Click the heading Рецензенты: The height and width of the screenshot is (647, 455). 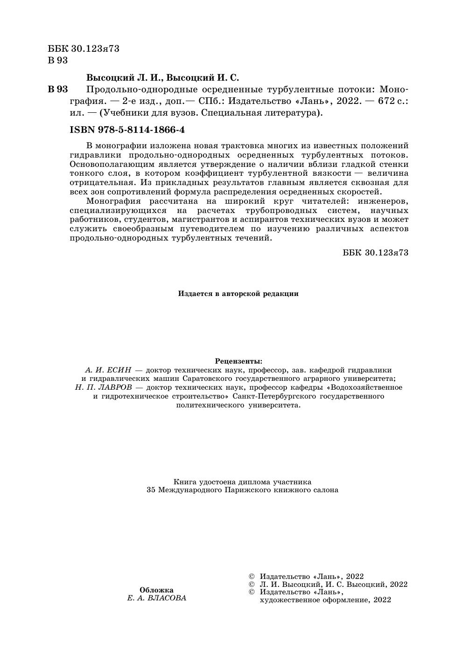click(238, 361)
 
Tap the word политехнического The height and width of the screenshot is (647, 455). click(210, 405)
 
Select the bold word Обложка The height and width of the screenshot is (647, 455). click(156, 590)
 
